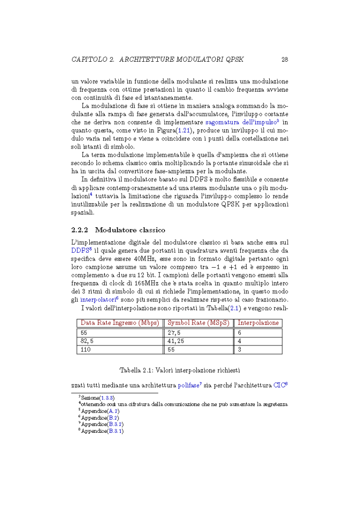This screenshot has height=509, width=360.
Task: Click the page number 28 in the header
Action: pos(285,60)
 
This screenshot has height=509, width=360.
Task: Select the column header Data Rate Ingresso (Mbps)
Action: pos(120,323)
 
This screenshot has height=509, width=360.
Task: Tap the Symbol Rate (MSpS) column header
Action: pos(198,323)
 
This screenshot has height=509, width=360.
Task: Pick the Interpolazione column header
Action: pos(258,323)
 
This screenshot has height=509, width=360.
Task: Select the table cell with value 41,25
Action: pos(176,341)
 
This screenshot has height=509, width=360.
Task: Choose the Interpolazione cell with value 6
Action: pos(239,333)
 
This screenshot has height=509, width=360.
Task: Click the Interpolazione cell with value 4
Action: pos(239,341)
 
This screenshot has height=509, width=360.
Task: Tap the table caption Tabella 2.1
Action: pos(180,370)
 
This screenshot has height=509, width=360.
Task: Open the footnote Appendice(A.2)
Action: pos(100,411)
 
